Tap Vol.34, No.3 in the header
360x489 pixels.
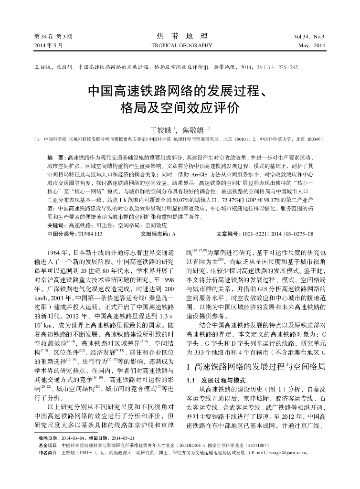309,37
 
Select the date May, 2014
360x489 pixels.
311,45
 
